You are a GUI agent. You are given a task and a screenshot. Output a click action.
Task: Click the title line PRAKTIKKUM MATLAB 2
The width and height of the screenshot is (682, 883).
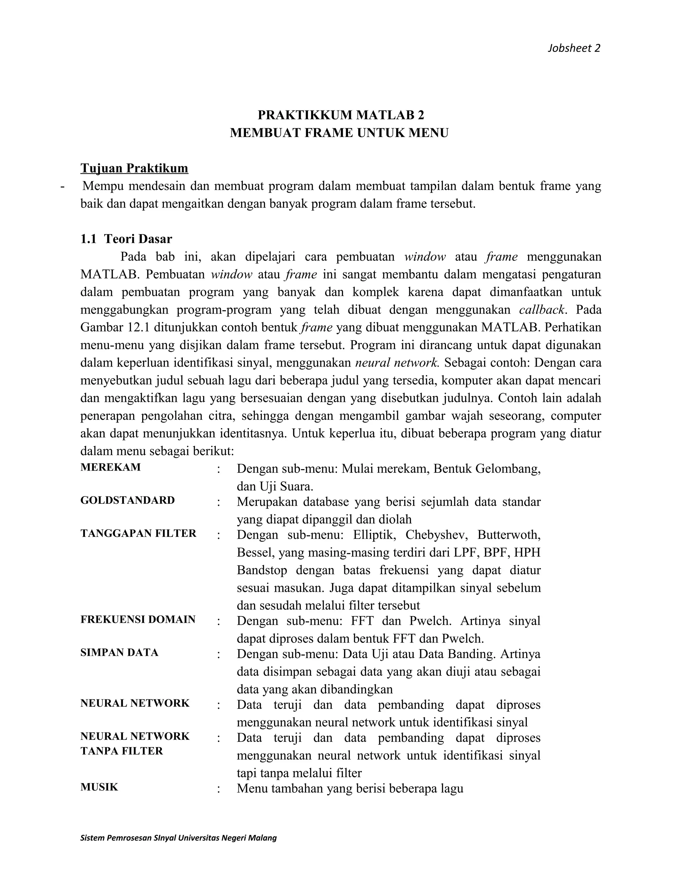tap(341, 115)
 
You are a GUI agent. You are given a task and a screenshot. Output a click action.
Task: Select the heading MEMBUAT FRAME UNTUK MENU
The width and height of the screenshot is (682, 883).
tap(339, 133)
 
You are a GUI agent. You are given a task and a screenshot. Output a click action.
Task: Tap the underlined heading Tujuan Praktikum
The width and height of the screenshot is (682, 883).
tap(134, 168)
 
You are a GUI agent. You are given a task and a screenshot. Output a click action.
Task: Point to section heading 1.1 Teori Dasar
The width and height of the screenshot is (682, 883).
tap(126, 239)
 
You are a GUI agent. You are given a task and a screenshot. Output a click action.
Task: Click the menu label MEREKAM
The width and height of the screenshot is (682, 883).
tap(110, 467)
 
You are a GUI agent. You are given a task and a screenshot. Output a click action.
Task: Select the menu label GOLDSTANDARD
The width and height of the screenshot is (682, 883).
tap(127, 500)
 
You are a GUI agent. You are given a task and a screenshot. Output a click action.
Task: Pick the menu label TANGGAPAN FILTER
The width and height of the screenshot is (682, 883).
tap(138, 534)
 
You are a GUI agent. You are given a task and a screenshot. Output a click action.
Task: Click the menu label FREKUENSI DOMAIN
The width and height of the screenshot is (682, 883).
tap(138, 619)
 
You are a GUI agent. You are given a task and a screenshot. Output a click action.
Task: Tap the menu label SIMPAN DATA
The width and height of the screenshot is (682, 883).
tap(119, 652)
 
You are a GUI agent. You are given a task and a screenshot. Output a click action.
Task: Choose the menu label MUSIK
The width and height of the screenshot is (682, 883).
tap(99, 787)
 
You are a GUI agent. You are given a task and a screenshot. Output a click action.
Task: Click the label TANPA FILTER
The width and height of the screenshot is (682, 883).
tap(122, 751)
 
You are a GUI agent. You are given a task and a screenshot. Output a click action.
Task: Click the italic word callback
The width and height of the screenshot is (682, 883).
tap(542, 310)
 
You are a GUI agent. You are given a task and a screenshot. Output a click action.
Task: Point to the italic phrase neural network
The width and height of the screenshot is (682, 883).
tap(397, 363)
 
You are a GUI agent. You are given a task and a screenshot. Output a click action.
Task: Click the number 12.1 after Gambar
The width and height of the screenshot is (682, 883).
tap(139, 328)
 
